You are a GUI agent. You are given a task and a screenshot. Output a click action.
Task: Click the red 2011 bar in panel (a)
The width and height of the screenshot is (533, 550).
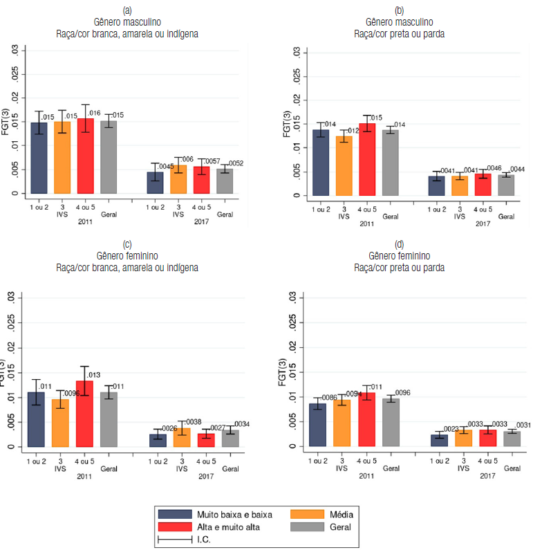coord(85,156)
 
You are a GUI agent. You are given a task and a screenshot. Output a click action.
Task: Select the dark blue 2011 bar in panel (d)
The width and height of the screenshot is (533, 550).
coord(317,425)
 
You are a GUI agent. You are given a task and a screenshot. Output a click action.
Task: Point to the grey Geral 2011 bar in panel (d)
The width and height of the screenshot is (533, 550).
coord(391,422)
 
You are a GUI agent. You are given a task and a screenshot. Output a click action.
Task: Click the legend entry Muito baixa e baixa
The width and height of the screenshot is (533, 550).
coord(234,514)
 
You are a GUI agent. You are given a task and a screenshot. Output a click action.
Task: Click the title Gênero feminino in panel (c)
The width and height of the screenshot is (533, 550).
coord(127,255)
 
